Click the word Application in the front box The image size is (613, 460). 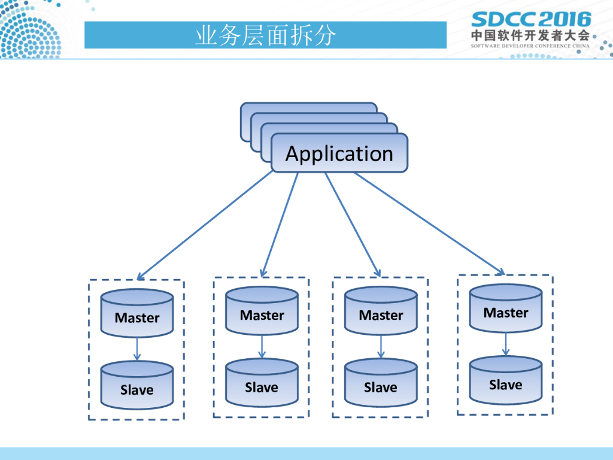pos(339,154)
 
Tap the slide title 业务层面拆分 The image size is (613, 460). pos(265,36)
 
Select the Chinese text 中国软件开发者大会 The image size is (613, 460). pos(530,35)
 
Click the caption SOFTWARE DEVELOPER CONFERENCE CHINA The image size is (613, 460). pos(530,46)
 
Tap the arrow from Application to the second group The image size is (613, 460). pos(280,225)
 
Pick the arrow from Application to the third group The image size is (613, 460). pos(353,225)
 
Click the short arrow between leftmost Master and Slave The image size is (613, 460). pos(137,349)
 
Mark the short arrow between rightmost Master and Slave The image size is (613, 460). pos(506,344)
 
